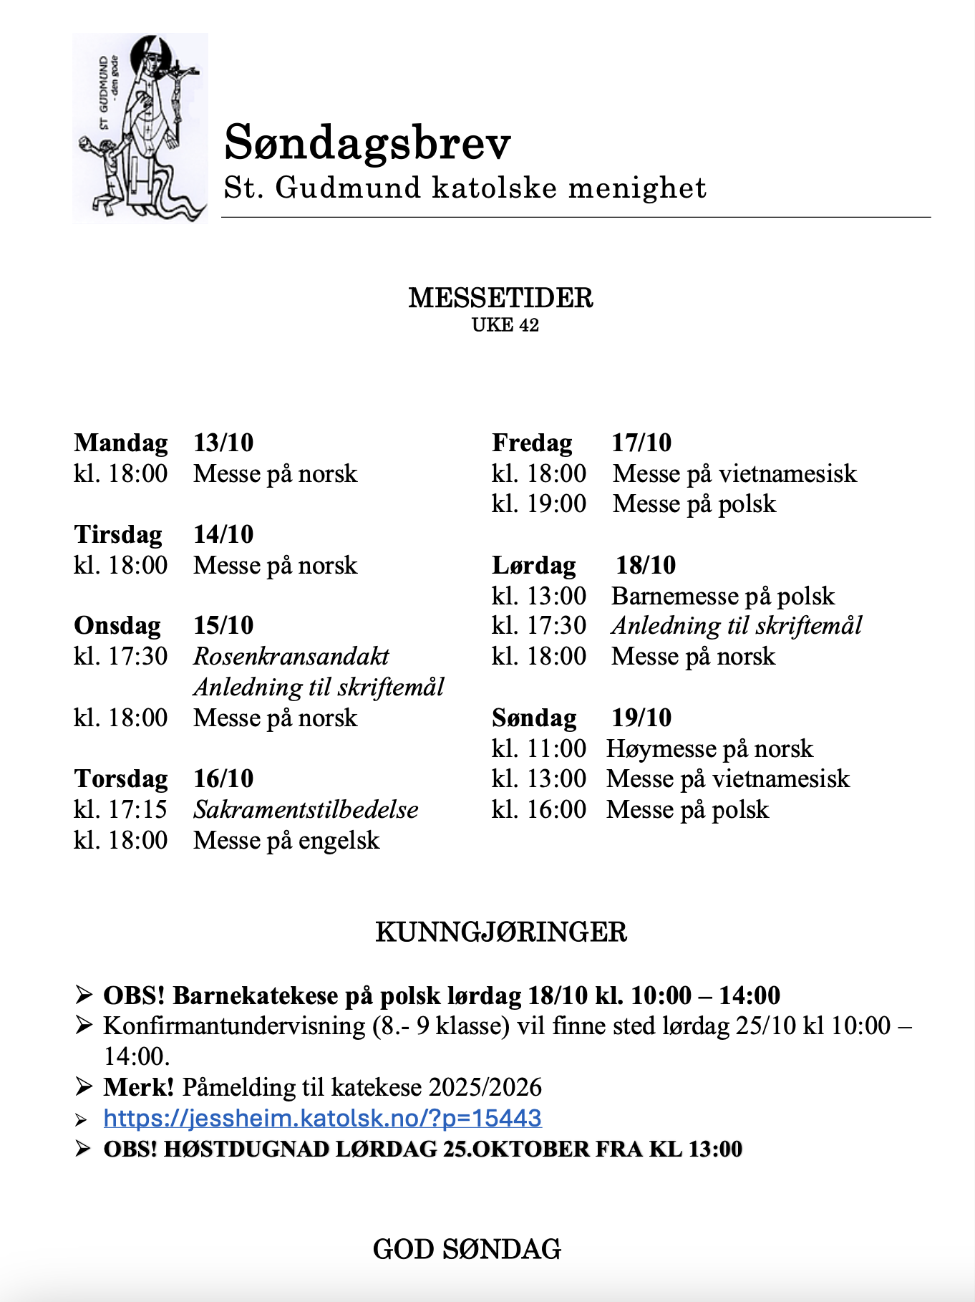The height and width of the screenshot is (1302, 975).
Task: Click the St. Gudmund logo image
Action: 140,129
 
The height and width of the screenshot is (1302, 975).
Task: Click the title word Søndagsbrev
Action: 367,143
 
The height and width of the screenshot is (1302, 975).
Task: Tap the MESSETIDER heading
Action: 500,298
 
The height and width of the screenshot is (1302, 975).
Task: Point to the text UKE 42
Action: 505,325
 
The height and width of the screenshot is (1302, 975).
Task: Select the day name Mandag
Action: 121,443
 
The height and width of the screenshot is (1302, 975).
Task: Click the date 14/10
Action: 223,534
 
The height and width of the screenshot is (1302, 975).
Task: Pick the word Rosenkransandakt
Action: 291,656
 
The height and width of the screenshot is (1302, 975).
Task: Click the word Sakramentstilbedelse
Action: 306,809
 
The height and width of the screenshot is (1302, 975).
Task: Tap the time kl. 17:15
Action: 120,809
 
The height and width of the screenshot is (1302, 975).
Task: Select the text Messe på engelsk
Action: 286,840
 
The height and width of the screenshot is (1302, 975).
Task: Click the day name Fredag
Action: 532,443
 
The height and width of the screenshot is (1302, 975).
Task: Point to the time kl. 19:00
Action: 539,504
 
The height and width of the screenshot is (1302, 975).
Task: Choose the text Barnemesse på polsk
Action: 723,596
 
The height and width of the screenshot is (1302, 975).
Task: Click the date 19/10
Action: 641,718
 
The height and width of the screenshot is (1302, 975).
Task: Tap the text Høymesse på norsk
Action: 709,748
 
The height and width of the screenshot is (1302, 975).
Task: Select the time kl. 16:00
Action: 539,809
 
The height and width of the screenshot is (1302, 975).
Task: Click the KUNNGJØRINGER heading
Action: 501,932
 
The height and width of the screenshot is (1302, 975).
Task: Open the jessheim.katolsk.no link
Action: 322,1118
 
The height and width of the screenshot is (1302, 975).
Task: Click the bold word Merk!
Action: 139,1087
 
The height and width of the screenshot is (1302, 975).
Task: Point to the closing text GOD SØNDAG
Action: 467,1249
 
